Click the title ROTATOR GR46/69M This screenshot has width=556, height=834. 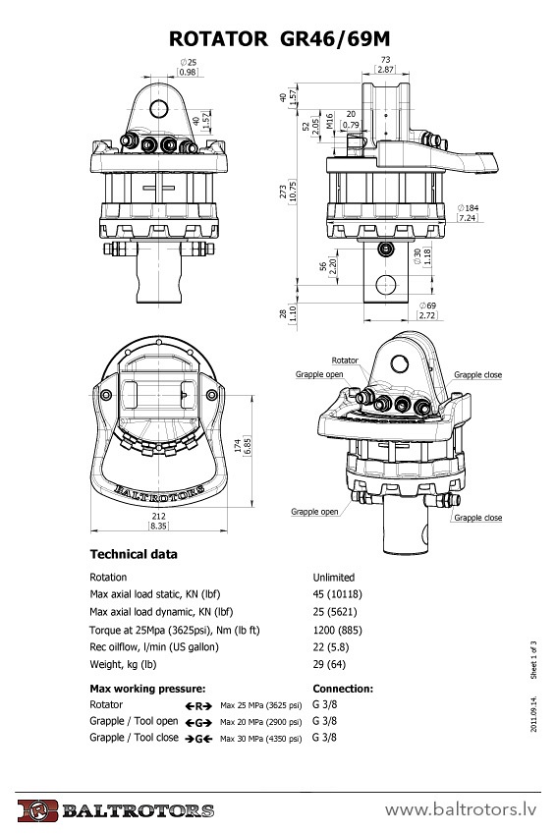(279, 39)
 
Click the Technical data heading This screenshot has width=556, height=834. (134, 554)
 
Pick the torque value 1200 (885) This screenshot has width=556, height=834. (337, 631)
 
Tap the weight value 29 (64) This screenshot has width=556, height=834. (329, 664)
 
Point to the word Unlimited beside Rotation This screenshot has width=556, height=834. (334, 577)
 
